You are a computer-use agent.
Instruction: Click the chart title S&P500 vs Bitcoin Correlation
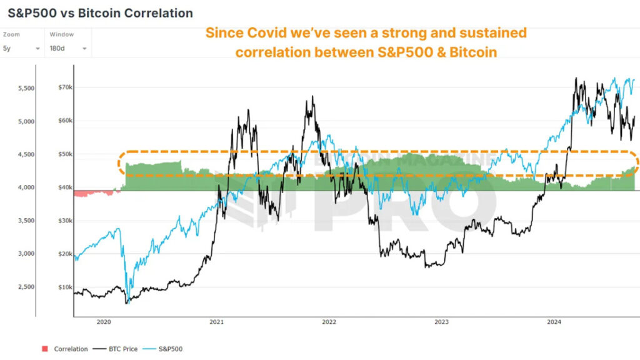pos(100,13)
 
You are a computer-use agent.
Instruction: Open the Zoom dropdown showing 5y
pos(21,48)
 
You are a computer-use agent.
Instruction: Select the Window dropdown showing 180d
pos(67,48)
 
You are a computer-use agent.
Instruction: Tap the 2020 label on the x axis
pos(104,322)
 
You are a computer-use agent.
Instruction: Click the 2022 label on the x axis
pos(329,322)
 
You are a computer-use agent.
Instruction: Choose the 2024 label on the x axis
pos(554,322)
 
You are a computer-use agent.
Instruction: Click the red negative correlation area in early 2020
pos(94,193)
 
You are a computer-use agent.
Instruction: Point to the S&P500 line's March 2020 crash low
pos(127,302)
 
